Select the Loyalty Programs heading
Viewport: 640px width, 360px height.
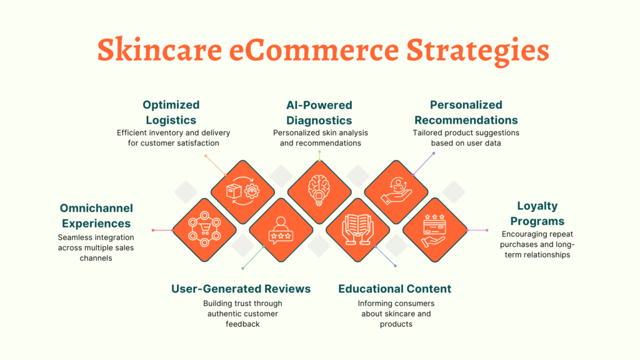(x=537, y=213)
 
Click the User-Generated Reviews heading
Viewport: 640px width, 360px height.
(x=241, y=289)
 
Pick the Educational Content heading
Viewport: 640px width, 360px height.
(x=394, y=289)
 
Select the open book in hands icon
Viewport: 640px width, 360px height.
(x=357, y=229)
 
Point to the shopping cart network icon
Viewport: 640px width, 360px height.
(x=204, y=229)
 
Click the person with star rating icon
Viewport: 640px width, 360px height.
(x=281, y=229)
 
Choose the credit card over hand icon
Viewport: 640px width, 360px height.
(x=434, y=229)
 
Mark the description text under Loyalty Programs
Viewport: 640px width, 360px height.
(x=537, y=244)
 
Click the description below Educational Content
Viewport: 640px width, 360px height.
(x=395, y=314)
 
